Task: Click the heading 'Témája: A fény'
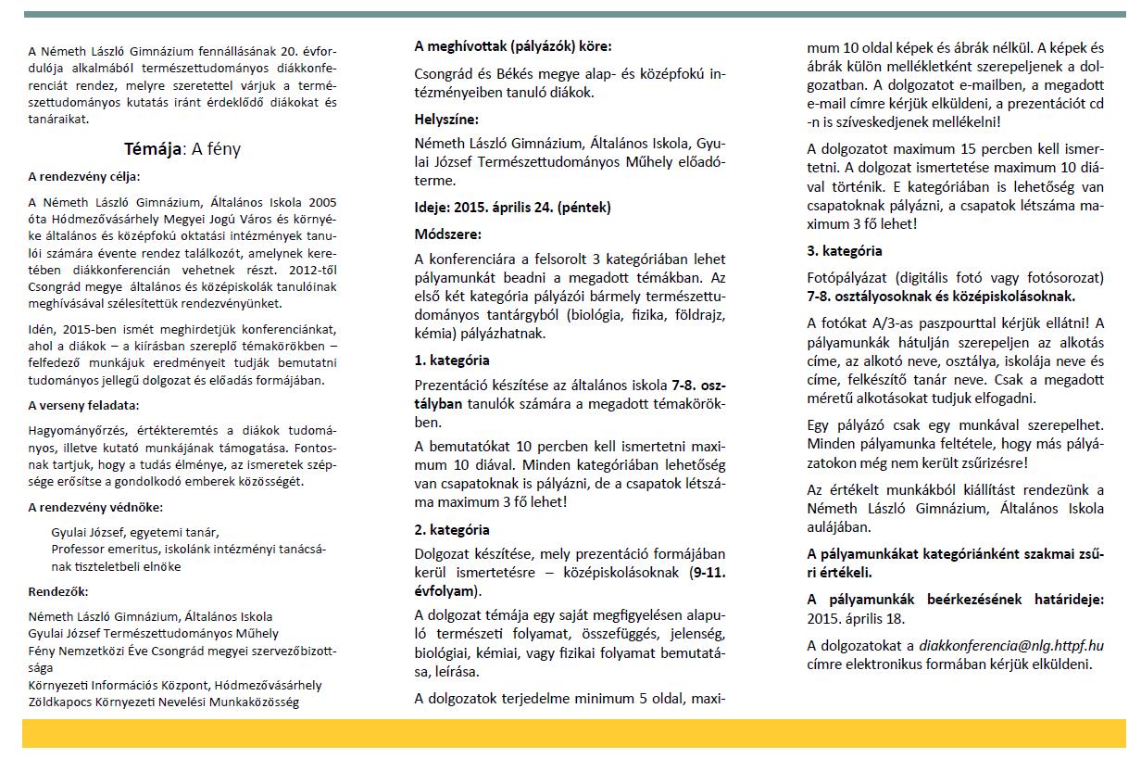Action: pyautogui.click(x=182, y=149)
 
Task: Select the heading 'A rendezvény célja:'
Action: pyautogui.click(x=83, y=176)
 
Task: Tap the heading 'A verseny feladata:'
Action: pyautogui.click(x=83, y=405)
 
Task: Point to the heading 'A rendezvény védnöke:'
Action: pyautogui.click(x=94, y=507)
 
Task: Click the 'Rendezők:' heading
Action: pyautogui.click(x=57, y=590)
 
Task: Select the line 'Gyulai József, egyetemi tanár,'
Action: pyautogui.click(x=135, y=532)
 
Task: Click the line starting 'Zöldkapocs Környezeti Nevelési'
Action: pyautogui.click(x=163, y=702)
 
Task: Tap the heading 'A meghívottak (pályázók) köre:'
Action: pyautogui.click(x=512, y=45)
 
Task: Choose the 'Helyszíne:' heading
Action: pyautogui.click(x=446, y=119)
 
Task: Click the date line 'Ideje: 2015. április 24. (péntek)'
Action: pyautogui.click(x=512, y=207)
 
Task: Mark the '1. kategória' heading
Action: pyautogui.click(x=452, y=360)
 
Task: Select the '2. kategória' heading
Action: pyautogui.click(x=452, y=530)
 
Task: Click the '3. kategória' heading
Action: pyautogui.click(x=845, y=251)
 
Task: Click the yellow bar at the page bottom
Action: pyautogui.click(x=574, y=733)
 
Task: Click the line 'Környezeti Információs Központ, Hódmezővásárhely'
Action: pyautogui.click(x=175, y=685)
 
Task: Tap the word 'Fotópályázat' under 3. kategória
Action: pyautogui.click(x=848, y=278)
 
